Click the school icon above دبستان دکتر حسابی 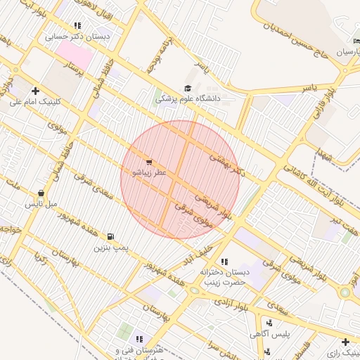(77, 26)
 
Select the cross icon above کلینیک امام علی (34, 90)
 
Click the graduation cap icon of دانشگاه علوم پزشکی (187, 88)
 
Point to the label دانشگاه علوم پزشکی (188, 99)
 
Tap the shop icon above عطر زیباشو (148, 161)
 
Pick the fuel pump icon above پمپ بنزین (110, 237)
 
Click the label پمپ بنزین (110, 248)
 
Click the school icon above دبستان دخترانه (224, 262)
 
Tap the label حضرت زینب (221, 282)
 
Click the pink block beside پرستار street (74, 53)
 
